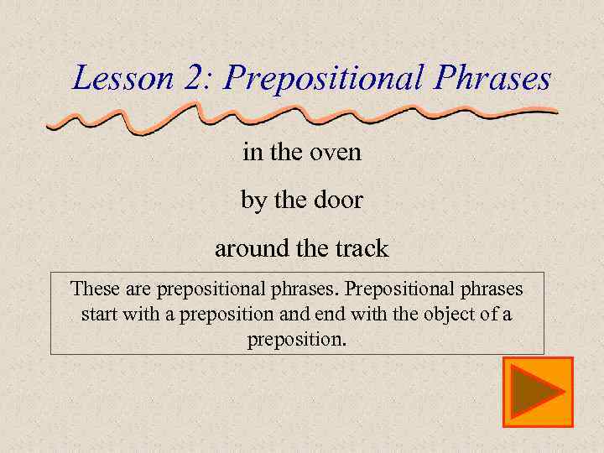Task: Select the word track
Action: tap(362, 248)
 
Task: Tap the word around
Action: tap(247, 249)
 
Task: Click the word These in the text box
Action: tap(95, 289)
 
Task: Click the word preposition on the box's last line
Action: tap(295, 341)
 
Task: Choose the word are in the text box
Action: tap(138, 289)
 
